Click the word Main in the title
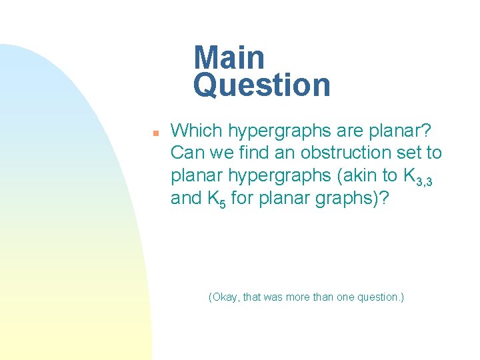pyautogui.click(x=229, y=58)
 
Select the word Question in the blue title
pyautogui.click(x=261, y=85)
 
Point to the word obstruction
pyautogui.click(x=343, y=153)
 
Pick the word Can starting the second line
pyautogui.click(x=185, y=153)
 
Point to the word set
pyautogui.click(x=407, y=153)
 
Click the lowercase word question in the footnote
pyautogui.click(x=379, y=297)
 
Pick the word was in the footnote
pyautogui.click(x=273, y=297)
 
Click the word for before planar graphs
pyautogui.click(x=242, y=199)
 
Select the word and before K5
pyautogui.click(x=186, y=199)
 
